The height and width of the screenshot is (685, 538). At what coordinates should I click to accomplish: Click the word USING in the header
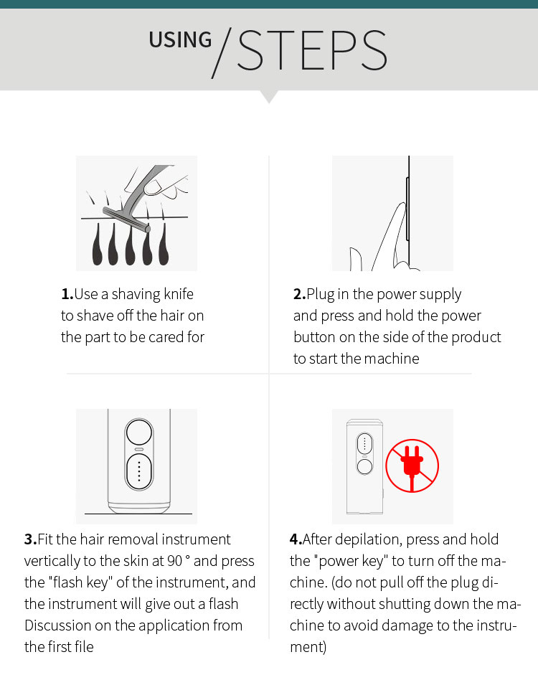[180, 39]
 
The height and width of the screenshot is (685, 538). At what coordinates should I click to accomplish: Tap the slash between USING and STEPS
[222, 53]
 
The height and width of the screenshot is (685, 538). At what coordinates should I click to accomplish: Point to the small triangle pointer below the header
[269, 97]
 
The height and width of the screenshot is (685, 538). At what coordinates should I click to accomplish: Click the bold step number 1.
[67, 294]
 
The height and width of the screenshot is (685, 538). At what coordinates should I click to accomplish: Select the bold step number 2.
[299, 294]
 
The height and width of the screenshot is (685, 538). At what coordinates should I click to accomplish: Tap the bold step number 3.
[31, 539]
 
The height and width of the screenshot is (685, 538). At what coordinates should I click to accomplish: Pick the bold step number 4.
[296, 539]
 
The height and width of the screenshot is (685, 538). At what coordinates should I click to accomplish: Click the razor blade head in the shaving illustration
[126, 219]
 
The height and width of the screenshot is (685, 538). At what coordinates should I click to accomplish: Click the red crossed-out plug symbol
[412, 466]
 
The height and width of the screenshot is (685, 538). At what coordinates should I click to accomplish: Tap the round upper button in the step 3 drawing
[139, 433]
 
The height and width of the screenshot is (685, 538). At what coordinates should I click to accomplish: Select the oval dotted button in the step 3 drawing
[139, 471]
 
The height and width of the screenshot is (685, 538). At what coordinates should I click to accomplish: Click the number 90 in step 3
[175, 561]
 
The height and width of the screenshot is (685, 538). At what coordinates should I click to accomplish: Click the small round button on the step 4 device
[364, 466]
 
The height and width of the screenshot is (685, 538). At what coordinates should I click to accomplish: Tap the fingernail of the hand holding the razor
[153, 187]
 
